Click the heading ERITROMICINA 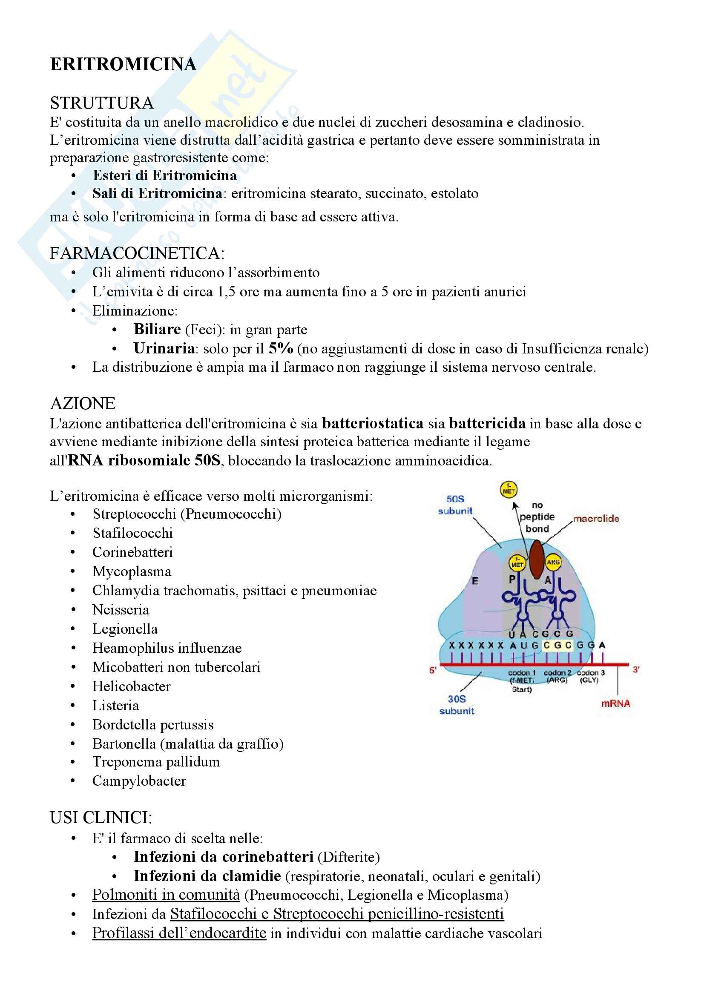(123, 64)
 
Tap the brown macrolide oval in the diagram (537, 560)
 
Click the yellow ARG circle (553, 562)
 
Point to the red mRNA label (615, 703)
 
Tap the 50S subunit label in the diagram (455, 505)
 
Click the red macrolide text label (596, 519)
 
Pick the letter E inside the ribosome (475, 581)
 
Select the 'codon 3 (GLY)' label (590, 676)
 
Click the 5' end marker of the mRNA (432, 670)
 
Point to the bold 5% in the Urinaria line (281, 348)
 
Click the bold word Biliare (157, 329)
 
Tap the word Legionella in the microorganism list (125, 629)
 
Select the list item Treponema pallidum (156, 762)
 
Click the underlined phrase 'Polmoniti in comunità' (166, 895)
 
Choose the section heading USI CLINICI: (101, 817)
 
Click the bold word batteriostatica (373, 423)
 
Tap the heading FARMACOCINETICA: (137, 253)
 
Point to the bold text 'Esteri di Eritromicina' (165, 175)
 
